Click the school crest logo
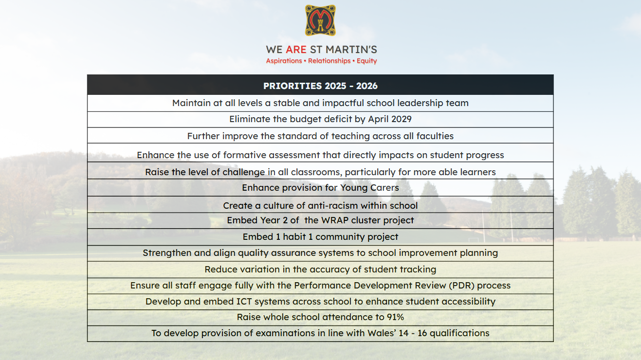pyautogui.click(x=320, y=20)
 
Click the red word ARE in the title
pyautogui.click(x=296, y=50)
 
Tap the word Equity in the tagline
pyautogui.click(x=367, y=61)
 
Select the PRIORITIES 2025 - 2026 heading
pyautogui.click(x=320, y=86)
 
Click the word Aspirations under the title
pyautogui.click(x=284, y=61)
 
